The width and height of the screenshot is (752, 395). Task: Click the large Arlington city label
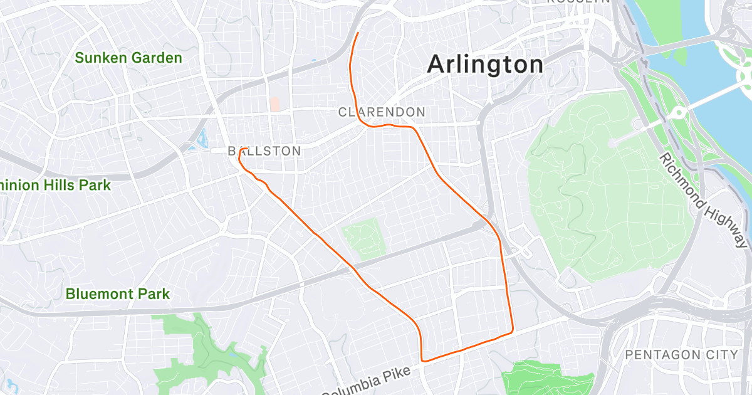485,65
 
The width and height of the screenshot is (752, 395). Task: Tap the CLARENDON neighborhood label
382,112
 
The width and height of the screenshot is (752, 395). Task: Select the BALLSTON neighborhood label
264,151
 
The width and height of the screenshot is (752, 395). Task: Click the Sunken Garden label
128,58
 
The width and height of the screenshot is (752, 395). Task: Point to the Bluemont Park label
118,293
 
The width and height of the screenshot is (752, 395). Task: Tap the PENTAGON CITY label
682,355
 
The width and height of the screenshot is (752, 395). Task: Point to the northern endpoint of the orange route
357,33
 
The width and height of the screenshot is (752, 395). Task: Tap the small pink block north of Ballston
274,103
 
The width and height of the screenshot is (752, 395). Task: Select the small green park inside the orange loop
363,238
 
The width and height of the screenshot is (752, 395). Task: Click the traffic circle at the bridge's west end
677,113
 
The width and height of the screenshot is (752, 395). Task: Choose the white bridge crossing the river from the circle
714,98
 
